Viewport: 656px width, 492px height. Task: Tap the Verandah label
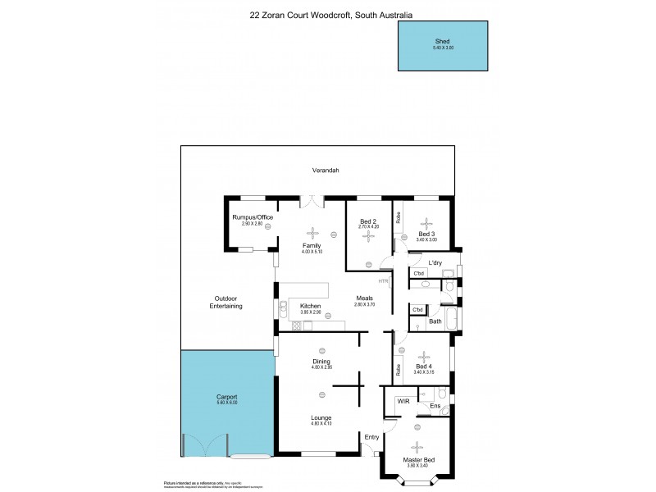click(326, 171)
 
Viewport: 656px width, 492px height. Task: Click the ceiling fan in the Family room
click(311, 230)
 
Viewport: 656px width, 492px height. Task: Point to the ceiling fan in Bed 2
click(368, 235)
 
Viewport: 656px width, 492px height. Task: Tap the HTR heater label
click(382, 281)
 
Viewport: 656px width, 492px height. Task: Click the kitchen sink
click(283, 309)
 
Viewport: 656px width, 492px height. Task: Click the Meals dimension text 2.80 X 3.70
click(365, 304)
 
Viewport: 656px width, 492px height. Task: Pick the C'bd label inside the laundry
click(418, 273)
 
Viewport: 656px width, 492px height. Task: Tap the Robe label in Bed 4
click(398, 369)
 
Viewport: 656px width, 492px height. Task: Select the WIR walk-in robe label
click(403, 401)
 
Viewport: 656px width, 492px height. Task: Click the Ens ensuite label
click(435, 406)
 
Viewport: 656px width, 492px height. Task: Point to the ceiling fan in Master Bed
click(418, 446)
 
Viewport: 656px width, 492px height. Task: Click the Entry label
click(372, 437)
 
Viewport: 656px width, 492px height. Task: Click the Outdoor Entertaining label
click(226, 301)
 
